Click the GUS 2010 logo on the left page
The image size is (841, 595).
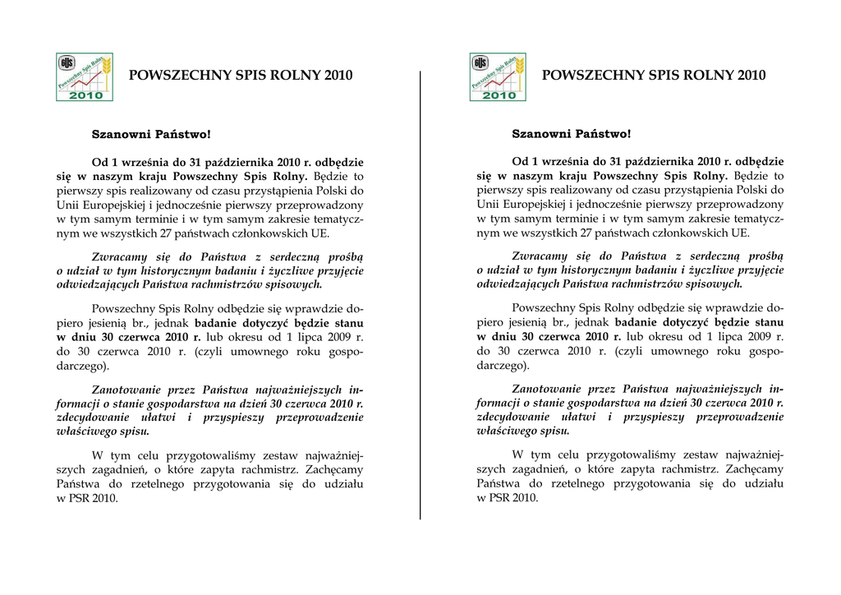pyautogui.click(x=84, y=76)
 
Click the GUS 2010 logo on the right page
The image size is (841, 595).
pyautogui.click(x=498, y=76)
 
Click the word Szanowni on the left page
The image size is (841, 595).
pyautogui.click(x=121, y=133)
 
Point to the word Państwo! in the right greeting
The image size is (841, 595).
pyautogui.click(x=603, y=133)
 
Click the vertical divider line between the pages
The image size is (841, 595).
pyautogui.click(x=420, y=296)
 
